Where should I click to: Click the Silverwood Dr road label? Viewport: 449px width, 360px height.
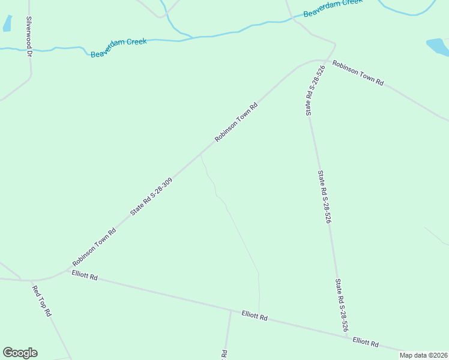[28, 36]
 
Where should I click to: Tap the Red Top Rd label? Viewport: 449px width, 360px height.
[41, 301]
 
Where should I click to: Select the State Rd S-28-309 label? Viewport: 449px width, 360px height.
[152, 196]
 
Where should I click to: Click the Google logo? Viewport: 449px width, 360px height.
[20, 353]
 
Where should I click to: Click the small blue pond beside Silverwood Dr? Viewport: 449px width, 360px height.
[7, 23]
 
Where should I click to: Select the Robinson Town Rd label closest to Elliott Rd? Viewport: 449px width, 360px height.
[94, 247]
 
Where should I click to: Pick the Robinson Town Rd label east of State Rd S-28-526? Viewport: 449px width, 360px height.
[358, 73]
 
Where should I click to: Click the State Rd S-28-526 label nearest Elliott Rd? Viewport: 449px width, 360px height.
[342, 305]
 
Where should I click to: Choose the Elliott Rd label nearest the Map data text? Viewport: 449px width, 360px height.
[366, 342]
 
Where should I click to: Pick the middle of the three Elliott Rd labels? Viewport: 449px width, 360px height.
[255, 315]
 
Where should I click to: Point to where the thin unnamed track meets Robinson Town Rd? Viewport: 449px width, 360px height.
[200, 153]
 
